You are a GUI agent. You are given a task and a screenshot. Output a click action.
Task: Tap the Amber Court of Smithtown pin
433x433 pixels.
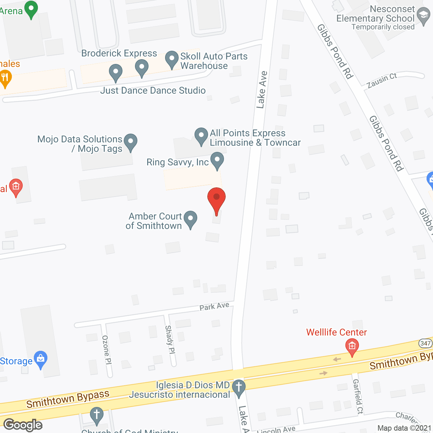190,219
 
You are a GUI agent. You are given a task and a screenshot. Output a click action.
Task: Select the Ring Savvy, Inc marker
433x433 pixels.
217,160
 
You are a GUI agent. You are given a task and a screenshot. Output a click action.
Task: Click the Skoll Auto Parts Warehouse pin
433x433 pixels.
172,59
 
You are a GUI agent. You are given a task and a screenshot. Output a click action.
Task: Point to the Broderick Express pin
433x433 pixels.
142,68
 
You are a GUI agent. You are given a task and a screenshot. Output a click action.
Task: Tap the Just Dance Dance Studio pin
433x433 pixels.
116,72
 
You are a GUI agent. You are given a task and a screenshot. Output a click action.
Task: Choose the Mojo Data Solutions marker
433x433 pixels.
131,142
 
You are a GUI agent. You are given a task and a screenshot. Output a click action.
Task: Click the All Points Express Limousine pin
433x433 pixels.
201,136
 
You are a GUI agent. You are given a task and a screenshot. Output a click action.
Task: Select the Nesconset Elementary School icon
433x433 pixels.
423,16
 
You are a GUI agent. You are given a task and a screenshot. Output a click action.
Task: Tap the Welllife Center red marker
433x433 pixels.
352,347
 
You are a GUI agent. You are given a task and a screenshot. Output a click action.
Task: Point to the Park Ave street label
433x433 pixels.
214,306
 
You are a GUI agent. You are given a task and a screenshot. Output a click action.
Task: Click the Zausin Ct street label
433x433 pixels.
382,81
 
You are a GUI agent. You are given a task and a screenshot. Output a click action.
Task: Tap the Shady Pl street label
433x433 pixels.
170,340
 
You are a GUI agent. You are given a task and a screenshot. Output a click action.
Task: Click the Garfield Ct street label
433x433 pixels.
358,396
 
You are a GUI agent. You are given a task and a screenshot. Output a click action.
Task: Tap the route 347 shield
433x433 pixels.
426,343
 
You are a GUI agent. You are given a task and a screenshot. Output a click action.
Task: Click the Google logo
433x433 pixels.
23,425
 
